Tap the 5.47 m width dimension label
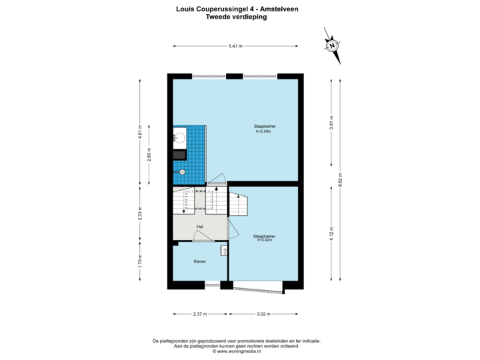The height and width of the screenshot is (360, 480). click(x=235, y=46)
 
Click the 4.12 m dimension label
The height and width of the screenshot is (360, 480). click(x=331, y=233)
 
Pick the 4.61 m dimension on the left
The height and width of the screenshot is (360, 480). click(x=139, y=131)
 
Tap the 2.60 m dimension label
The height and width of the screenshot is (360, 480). click(x=149, y=155)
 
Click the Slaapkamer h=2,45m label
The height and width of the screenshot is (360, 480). click(x=261, y=128)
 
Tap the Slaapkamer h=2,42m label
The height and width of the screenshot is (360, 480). click(x=264, y=237)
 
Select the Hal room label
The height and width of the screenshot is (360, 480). click(x=199, y=227)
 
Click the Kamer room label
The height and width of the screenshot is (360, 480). click(x=199, y=261)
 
